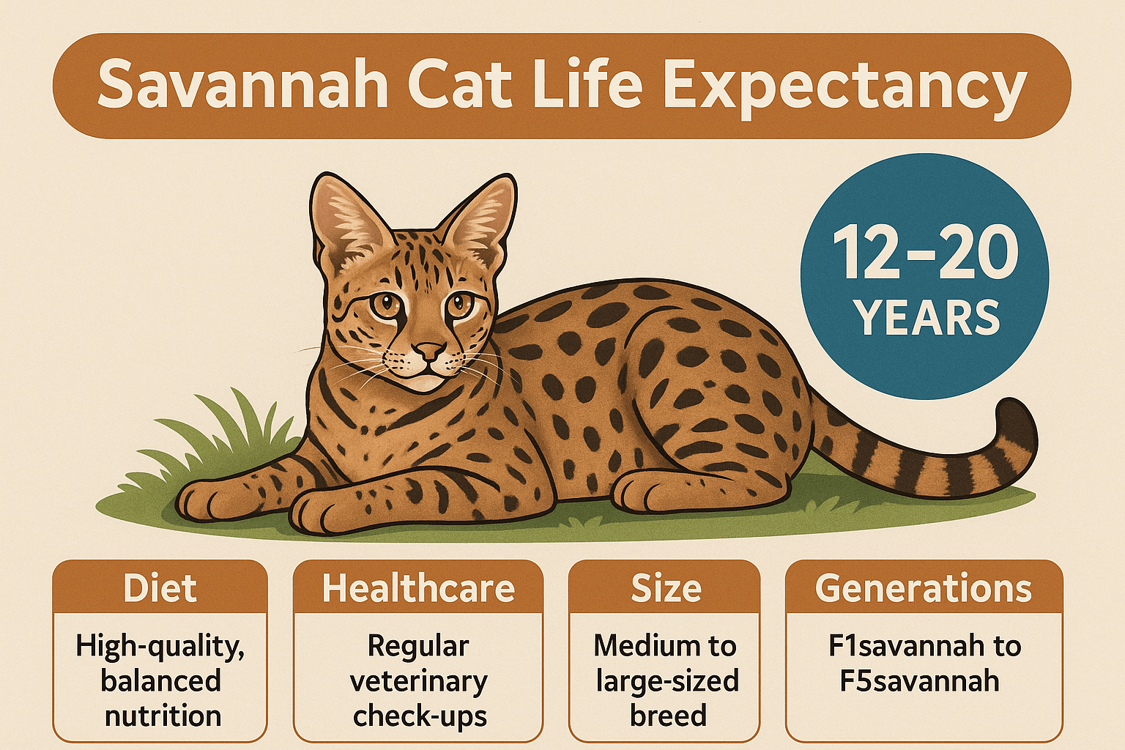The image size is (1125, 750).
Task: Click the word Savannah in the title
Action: tap(243, 84)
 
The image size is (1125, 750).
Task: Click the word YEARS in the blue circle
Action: tap(928, 317)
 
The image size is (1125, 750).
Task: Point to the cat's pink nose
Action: tap(428, 351)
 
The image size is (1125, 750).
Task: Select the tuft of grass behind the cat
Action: tap(221, 442)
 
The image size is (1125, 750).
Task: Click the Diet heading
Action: tap(160, 587)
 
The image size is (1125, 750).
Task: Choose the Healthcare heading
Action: tap(418, 588)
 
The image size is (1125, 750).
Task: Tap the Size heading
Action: tap(666, 588)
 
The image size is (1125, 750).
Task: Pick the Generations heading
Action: tap(923, 588)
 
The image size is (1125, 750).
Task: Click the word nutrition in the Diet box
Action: tap(163, 716)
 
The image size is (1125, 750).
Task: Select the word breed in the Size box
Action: tap(668, 715)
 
